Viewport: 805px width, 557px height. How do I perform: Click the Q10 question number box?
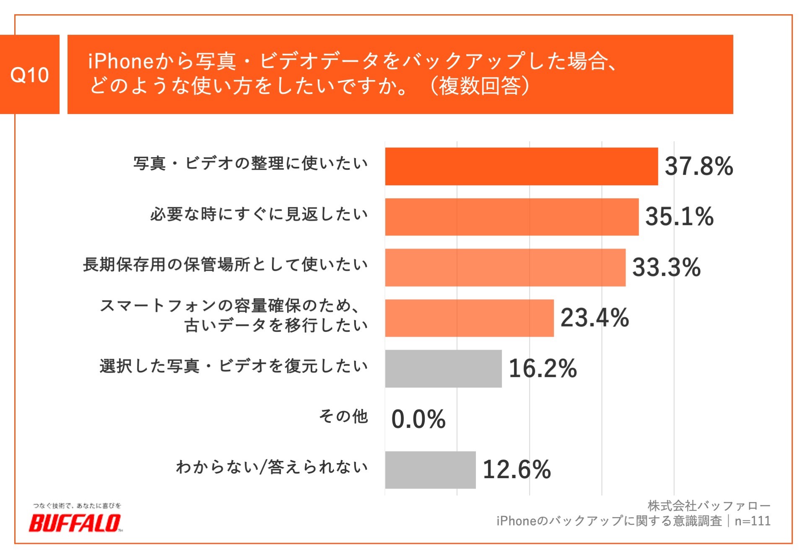29,75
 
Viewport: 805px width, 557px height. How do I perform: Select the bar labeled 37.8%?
521,166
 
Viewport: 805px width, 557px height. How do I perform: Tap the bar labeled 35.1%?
512,217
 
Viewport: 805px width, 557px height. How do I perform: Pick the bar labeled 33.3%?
505,267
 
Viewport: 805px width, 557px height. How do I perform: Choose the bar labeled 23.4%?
469,318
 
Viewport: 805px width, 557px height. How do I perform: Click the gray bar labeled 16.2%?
443,368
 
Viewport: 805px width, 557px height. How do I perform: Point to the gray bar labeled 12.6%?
430,470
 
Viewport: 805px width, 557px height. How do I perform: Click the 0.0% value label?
418,419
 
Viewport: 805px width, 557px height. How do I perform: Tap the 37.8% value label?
699,166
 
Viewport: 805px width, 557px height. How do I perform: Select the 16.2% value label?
543,368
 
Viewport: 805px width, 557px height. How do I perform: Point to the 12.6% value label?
517,469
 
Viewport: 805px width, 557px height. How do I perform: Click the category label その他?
343,417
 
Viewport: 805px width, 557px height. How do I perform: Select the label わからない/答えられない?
272,467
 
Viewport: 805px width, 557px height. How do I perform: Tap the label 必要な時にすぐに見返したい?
259,214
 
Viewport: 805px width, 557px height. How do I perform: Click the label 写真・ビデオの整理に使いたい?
251,163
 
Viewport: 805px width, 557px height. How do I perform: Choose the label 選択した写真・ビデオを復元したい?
234,366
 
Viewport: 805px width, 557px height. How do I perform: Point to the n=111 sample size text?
753,521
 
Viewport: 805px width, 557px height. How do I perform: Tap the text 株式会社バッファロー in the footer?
709,506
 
